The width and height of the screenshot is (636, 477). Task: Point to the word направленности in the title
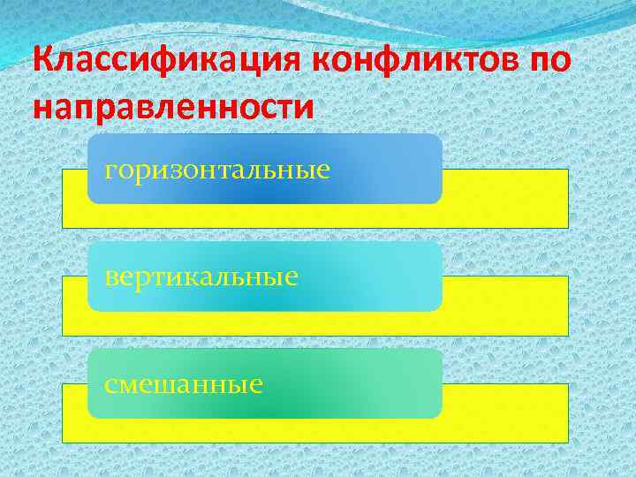point(172,107)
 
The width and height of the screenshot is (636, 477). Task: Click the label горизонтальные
point(217,169)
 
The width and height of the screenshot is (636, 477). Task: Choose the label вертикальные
point(201,276)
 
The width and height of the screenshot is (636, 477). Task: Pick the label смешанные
point(184,384)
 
